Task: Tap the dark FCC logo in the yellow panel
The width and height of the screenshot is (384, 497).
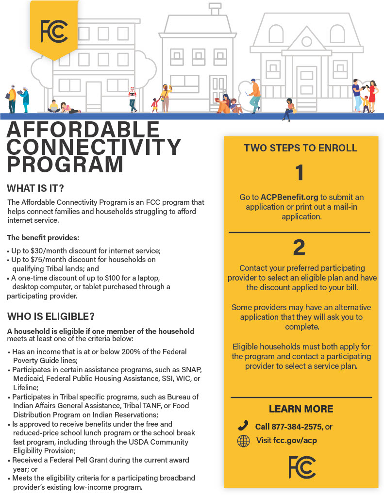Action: click(x=301, y=467)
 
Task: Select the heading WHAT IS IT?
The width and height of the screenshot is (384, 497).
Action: click(x=35, y=188)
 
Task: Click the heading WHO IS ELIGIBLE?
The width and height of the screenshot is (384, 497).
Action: click(x=50, y=316)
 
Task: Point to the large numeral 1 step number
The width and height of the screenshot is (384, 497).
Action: click(x=300, y=173)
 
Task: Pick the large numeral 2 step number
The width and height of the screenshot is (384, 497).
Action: click(x=300, y=248)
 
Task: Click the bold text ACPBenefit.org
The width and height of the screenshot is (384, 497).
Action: click(x=289, y=198)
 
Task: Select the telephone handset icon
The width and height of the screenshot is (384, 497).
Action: click(x=243, y=426)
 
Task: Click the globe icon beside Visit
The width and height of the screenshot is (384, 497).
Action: click(x=243, y=441)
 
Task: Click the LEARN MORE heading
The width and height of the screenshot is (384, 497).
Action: click(x=301, y=409)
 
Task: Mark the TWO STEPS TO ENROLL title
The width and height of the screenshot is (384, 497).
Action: click(x=301, y=148)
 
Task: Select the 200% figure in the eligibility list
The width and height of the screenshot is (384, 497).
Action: click(x=129, y=351)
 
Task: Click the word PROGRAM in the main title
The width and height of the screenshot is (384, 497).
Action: click(x=65, y=164)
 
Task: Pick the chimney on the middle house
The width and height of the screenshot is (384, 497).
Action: click(x=215, y=9)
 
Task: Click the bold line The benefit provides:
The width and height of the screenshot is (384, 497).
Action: click(x=43, y=238)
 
